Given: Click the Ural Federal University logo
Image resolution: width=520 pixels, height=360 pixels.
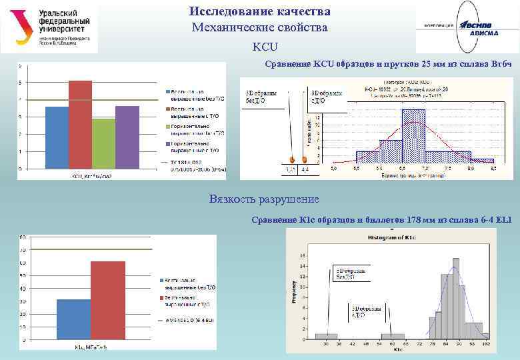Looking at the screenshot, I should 49,29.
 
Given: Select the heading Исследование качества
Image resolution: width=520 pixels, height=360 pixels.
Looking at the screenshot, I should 259,12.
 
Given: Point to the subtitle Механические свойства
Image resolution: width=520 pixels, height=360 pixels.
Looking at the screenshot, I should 259,27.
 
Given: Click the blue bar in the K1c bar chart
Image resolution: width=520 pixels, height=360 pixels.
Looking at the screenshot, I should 73,320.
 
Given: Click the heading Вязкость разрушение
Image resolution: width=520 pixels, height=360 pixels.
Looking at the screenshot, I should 264,199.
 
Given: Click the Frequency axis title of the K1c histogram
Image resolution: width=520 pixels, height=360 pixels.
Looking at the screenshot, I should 293,294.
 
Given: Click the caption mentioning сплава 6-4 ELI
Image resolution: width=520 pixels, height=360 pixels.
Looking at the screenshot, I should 386,220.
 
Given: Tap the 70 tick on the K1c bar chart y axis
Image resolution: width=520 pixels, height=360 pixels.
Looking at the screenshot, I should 23,250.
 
